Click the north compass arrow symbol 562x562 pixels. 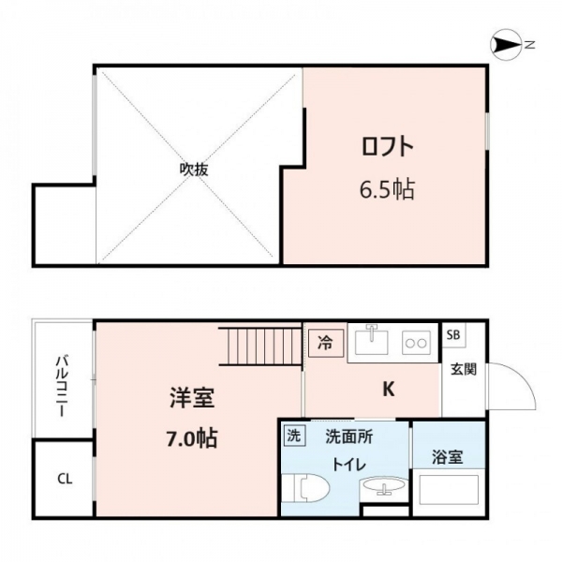pyautogui.click(x=506, y=45)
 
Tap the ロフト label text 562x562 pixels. pyautogui.click(x=388, y=146)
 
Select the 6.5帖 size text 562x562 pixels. pyautogui.click(x=387, y=189)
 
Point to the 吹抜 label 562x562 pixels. pyautogui.click(x=194, y=170)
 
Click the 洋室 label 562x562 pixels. pyautogui.click(x=192, y=398)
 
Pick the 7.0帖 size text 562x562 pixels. pyautogui.click(x=192, y=438)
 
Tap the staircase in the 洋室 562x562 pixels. pyautogui.click(x=259, y=347)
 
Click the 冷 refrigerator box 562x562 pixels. pyautogui.click(x=326, y=344)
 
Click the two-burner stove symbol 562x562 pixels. pyautogui.click(x=416, y=343)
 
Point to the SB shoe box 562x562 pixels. pyautogui.click(x=453, y=334)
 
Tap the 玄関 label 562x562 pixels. pyautogui.click(x=464, y=369)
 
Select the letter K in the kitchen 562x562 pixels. pyautogui.click(x=389, y=389)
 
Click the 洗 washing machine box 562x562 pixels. pyautogui.click(x=294, y=436)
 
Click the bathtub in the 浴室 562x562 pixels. pyautogui.click(x=449, y=490)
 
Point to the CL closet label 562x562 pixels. pyautogui.click(x=65, y=479)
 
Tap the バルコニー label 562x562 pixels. pyautogui.click(x=62, y=386)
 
